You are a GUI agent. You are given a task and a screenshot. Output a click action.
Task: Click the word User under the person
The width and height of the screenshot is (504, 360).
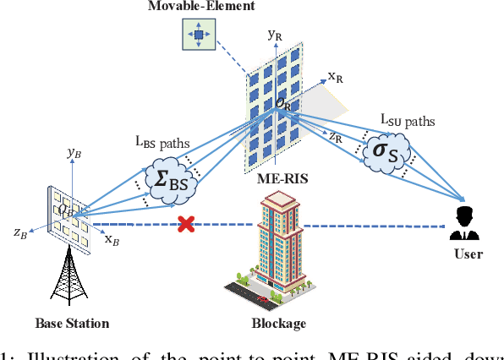[467, 254]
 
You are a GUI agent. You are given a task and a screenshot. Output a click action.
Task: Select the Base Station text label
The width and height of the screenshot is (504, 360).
[73, 323]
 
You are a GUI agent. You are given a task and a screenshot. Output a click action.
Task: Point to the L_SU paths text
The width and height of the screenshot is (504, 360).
[407, 121]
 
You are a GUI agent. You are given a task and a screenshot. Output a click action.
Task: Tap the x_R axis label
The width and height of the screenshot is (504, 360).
[334, 78]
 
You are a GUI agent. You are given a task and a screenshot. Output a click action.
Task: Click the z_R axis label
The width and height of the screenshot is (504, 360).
[336, 135]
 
